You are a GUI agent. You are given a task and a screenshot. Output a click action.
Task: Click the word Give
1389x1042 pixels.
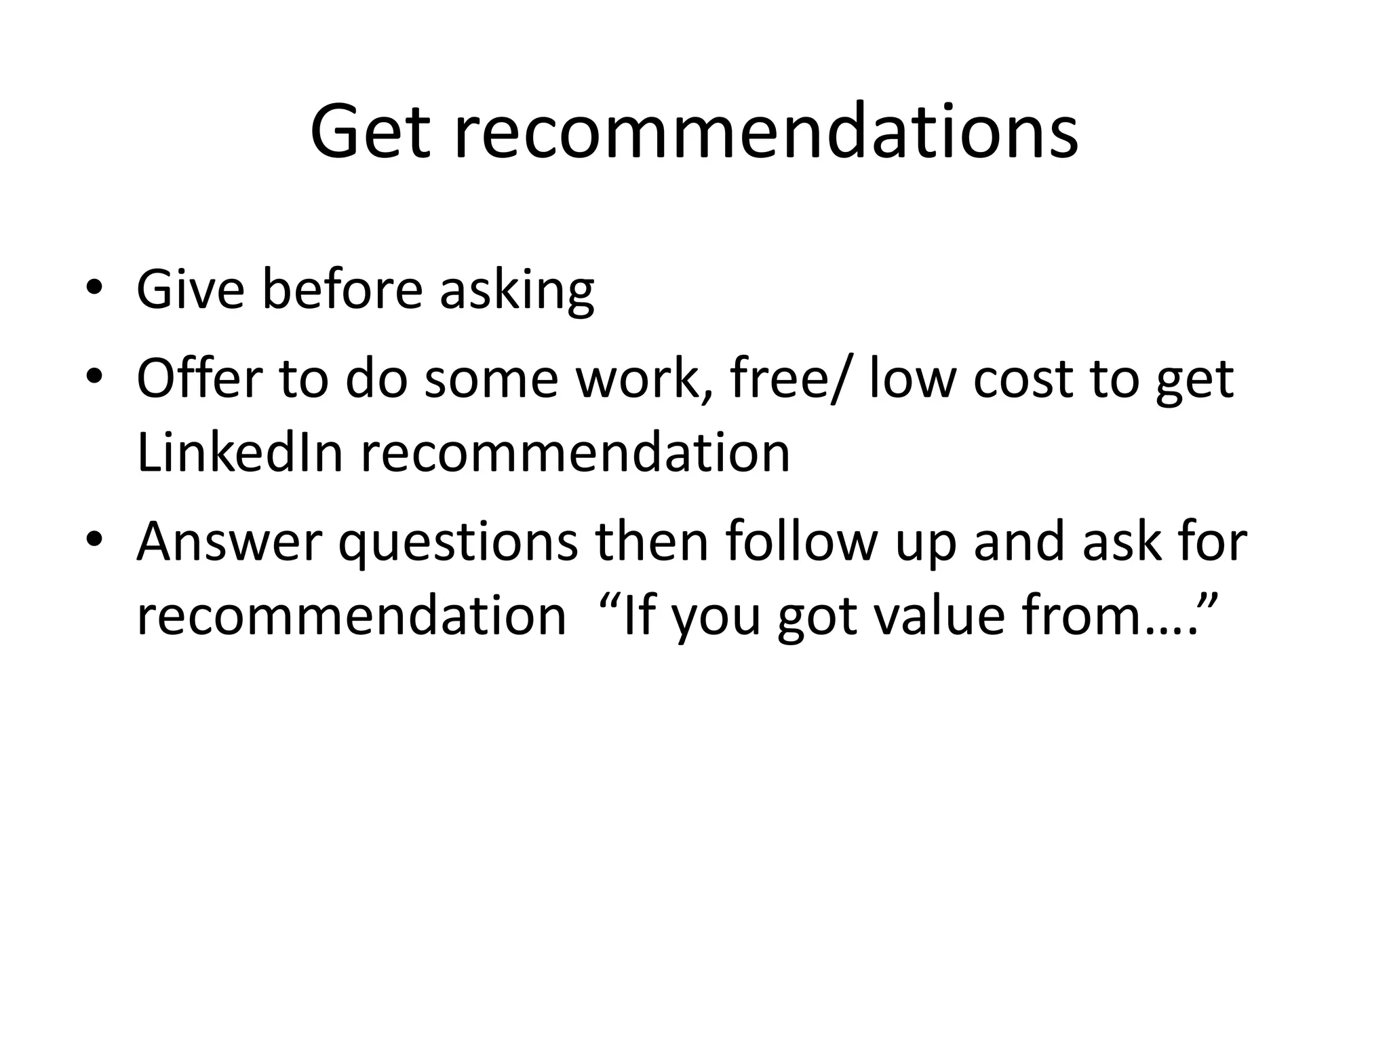(190, 290)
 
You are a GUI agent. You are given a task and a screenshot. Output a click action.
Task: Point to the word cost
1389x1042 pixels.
(1023, 379)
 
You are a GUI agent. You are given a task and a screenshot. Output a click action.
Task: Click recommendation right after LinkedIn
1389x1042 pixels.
(575, 452)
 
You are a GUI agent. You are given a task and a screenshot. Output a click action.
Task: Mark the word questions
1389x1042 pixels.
(458, 543)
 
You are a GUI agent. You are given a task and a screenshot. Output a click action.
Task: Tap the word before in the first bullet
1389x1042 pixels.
(342, 290)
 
